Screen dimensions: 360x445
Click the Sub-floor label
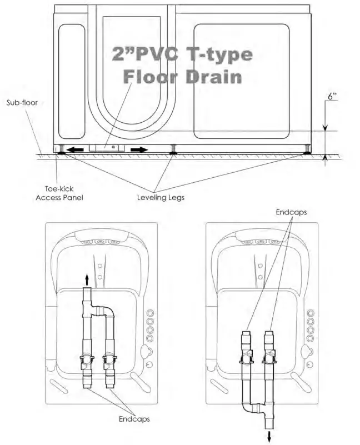tap(22, 102)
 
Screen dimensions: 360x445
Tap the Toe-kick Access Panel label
tap(59, 193)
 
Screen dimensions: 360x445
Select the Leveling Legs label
tap(161, 198)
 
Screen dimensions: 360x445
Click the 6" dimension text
tap(332, 97)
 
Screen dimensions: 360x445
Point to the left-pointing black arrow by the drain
tap(75, 149)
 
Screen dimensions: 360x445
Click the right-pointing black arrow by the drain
tap(139, 149)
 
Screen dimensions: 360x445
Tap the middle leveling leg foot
tap(173, 153)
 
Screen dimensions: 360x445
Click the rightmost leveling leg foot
tap(307, 153)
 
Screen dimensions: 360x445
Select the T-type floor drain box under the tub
tap(107, 148)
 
